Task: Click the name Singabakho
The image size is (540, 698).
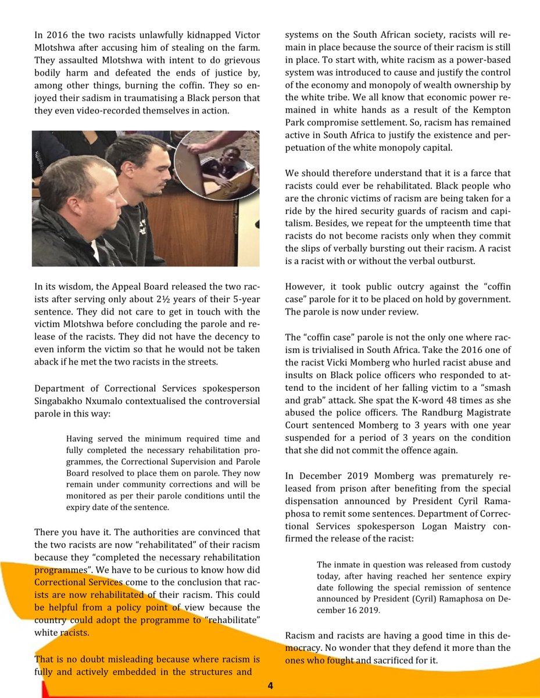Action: pyautogui.click(x=65, y=401)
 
